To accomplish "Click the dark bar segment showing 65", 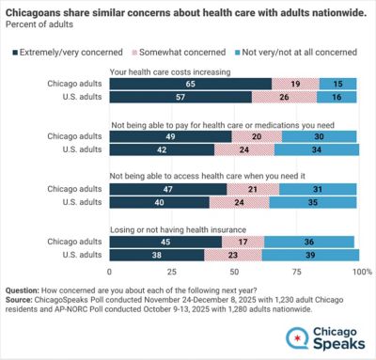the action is pos(191,84).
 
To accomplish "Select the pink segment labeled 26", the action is pos(284,97).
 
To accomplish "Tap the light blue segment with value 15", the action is pos(337,84).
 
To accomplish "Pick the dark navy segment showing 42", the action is pos(162,149).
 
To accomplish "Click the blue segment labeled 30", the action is pos(319,136).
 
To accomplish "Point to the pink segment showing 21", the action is pos(253,189).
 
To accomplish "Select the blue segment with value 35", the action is pos(313,202).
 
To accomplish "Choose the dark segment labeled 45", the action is pos(165,242).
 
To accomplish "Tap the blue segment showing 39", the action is pos(310,255).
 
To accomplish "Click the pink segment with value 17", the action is pos(243,242).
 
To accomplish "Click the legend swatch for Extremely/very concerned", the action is pos(15,53).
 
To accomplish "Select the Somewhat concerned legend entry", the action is pos(179,53).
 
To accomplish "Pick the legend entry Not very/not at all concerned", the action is pos(296,53).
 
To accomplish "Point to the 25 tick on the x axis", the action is pos(172,272).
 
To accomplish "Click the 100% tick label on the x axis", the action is pos(362,272).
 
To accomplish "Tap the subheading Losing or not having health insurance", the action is pos(178,229).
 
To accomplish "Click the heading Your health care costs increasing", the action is pos(170,72).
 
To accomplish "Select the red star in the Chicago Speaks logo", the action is pos(297,338).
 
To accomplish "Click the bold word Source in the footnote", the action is pos(19,300).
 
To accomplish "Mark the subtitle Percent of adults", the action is pos(39,24).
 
